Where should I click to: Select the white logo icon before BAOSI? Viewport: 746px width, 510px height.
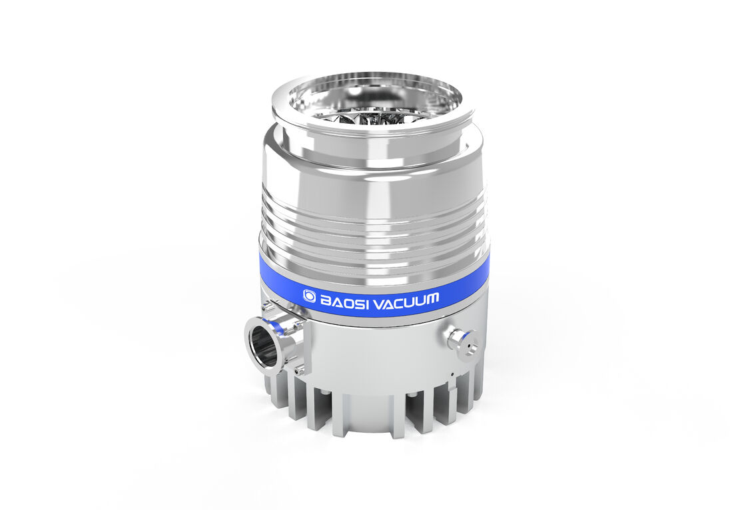(310, 296)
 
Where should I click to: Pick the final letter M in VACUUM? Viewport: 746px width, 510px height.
(431, 299)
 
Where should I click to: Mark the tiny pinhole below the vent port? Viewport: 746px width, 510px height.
(452, 374)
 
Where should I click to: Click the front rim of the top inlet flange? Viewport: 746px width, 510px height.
(373, 130)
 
